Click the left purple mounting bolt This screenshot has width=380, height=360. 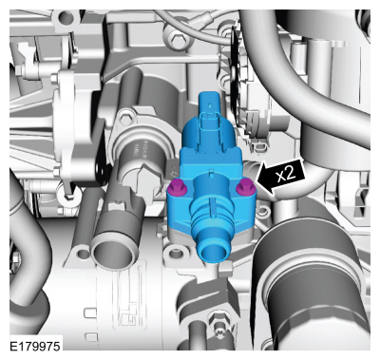tap(178, 186)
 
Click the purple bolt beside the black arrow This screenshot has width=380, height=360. tap(245, 187)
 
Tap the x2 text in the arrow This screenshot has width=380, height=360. tap(286, 174)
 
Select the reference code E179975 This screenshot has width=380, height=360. tap(35, 346)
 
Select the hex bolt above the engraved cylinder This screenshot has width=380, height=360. tap(124, 118)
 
